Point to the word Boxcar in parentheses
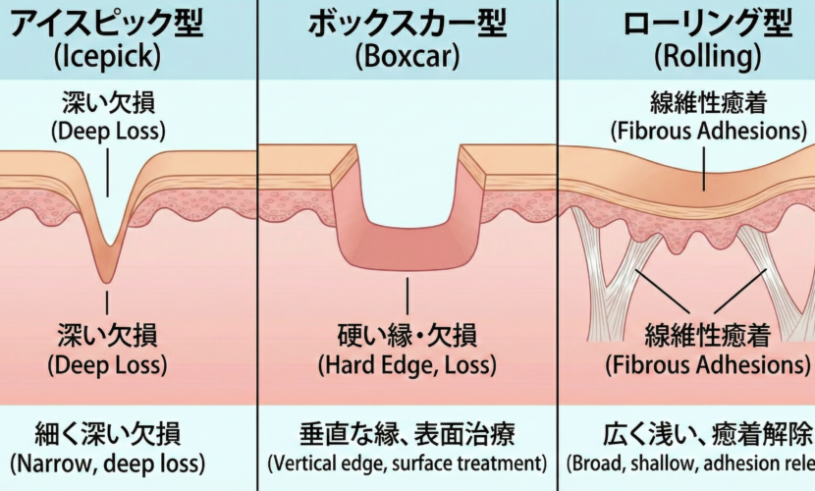(407, 57)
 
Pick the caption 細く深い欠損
(107, 433)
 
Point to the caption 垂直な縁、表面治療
(407, 433)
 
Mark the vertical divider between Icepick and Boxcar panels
(257, 245)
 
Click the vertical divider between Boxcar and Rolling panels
(558, 245)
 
